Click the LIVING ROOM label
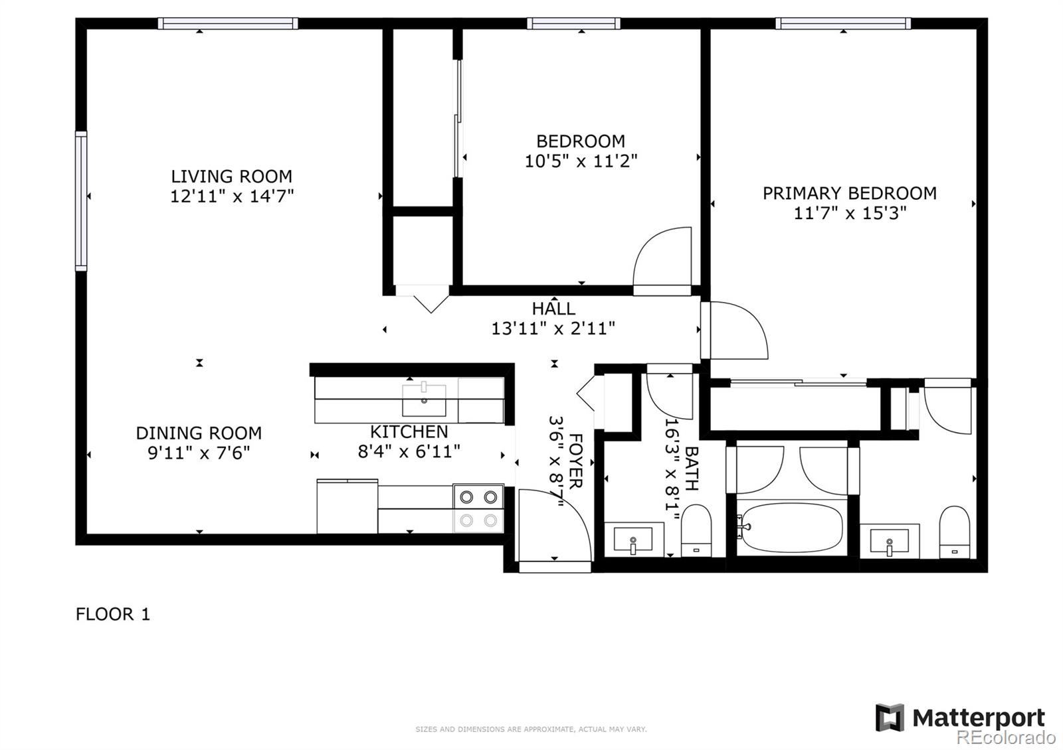[x=231, y=177]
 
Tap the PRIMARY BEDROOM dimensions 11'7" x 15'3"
[x=850, y=213]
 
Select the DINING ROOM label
[x=199, y=433]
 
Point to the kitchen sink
[x=424, y=398]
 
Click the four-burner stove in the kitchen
[x=478, y=508]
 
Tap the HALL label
[x=553, y=309]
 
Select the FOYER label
[x=575, y=461]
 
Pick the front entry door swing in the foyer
[x=551, y=524]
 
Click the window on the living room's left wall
[x=81, y=200]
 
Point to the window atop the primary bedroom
[x=842, y=24]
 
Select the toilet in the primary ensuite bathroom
[x=955, y=532]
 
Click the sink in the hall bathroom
[x=633, y=539]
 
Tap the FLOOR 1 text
[x=113, y=614]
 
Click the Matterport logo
[x=960, y=717]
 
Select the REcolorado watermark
[x=1006, y=737]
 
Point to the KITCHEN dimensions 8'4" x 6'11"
[x=409, y=452]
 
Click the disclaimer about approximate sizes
[x=531, y=729]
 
